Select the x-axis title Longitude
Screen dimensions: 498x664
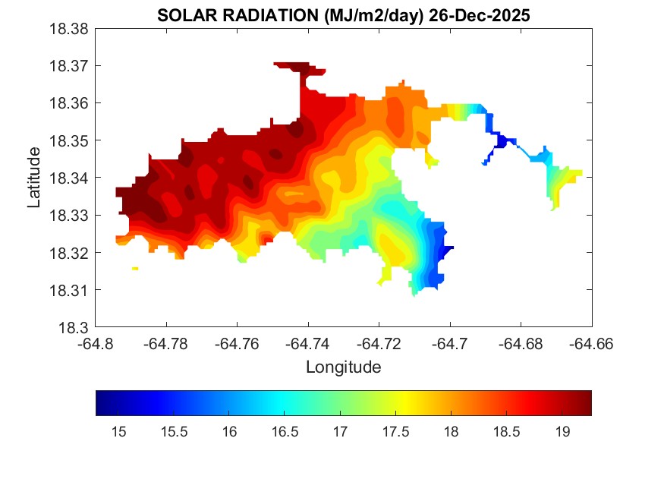pyautogui.click(x=343, y=367)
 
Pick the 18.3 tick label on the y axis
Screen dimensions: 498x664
pyautogui.click(x=77, y=328)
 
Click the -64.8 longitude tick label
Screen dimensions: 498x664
pyautogui.click(x=96, y=343)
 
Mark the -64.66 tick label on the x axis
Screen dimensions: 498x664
pyautogui.click(x=591, y=343)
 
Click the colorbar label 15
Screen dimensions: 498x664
pyautogui.click(x=118, y=432)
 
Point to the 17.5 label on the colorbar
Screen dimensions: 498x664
pyautogui.click(x=396, y=432)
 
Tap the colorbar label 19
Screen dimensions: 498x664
pyautogui.click(x=562, y=432)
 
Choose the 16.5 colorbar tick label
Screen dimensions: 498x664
pyautogui.click(x=285, y=432)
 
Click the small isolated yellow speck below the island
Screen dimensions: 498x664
pyautogui.click(x=135, y=269)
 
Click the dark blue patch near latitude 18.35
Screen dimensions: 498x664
pyautogui.click(x=500, y=141)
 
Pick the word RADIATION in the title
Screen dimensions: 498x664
pyautogui.click(x=259, y=14)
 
